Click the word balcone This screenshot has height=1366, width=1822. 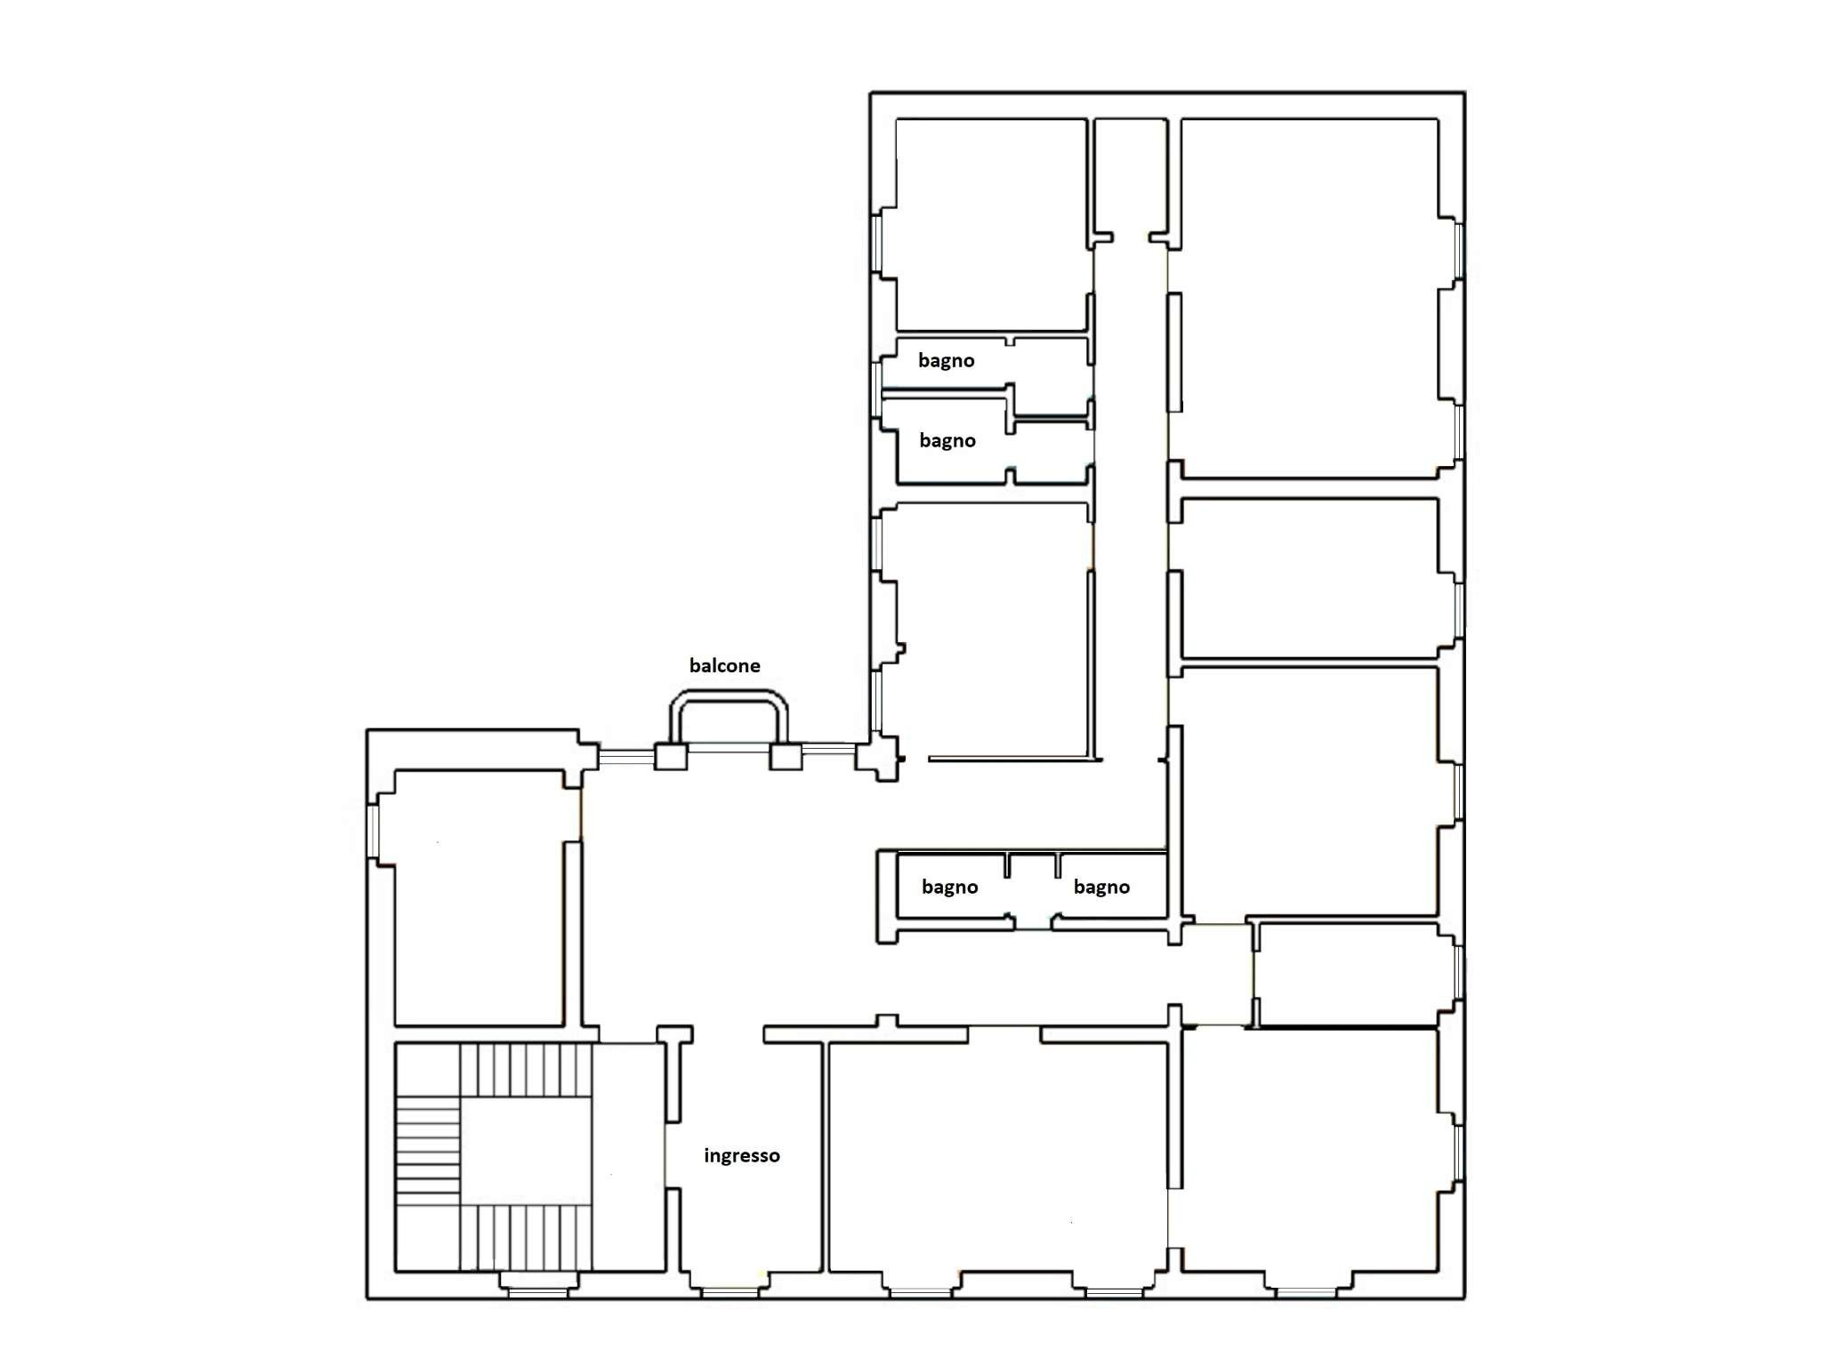pos(724,665)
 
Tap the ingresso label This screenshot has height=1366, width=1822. pos(741,1155)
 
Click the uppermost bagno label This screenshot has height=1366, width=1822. pos(946,360)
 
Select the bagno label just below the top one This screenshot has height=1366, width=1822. pos(947,440)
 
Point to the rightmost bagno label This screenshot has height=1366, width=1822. pos(1100,887)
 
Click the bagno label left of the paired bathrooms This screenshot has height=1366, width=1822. pos(949,887)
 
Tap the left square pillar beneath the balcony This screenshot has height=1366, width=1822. pos(671,757)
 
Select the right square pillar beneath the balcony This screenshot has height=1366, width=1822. pos(785,757)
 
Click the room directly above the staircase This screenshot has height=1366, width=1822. pos(478,898)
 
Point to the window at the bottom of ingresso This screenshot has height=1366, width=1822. pos(730,1292)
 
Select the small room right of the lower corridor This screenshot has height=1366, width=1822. pos(1348,974)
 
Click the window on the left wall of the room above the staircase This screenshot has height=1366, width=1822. pos(374,831)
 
